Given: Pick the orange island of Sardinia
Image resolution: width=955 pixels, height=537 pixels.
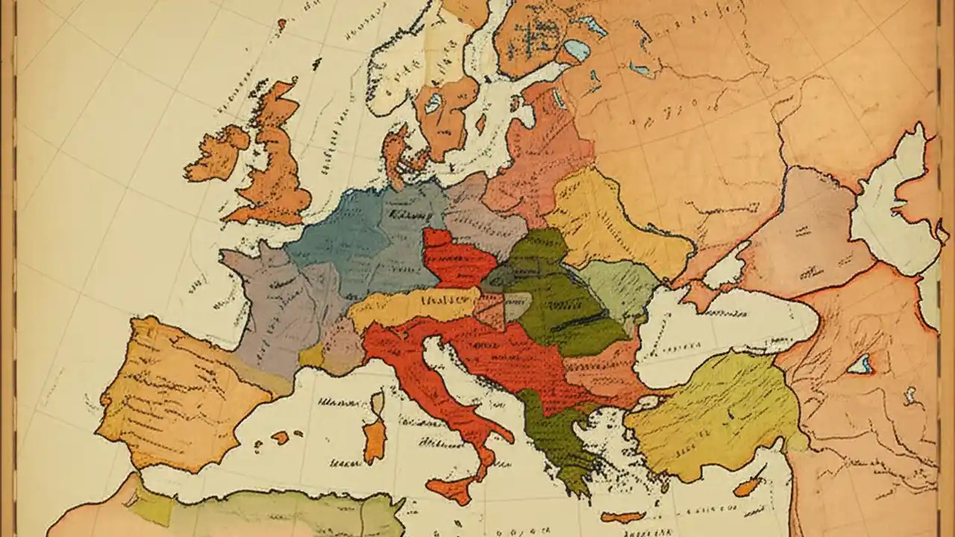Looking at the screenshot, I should (x=375, y=440).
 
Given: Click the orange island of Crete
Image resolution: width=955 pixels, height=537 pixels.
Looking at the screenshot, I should (x=622, y=517).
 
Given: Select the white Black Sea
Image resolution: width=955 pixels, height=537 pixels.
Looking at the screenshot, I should (x=716, y=328).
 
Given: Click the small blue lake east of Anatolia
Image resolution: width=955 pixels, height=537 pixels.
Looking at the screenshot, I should (x=860, y=364).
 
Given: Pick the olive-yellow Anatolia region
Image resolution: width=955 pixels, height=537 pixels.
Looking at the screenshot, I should (x=709, y=418).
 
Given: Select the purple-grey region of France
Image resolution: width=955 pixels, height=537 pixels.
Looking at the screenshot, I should (x=276, y=306).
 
